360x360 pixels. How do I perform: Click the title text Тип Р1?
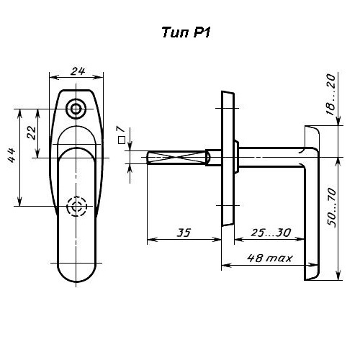tap(186, 32)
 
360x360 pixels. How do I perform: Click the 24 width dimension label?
tap(78, 71)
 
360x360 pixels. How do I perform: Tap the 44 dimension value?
tap(12, 156)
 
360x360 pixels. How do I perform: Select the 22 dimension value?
tap(32, 132)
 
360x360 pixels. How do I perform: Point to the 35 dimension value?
tap(184, 233)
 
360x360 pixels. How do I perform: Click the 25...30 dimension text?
tap(271, 233)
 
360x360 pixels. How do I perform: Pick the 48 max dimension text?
tap(270, 258)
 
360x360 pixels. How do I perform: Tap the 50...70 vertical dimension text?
tap(332, 208)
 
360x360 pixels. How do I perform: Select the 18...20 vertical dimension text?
tap(330, 94)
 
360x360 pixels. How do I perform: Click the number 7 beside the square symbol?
tap(122, 129)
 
